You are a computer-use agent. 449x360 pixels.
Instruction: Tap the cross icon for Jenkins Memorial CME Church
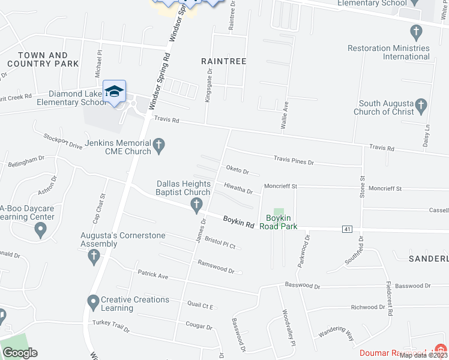point(159,146)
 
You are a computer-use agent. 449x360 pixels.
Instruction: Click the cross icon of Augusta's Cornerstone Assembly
point(93,257)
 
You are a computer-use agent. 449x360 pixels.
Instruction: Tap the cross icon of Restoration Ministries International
point(415,31)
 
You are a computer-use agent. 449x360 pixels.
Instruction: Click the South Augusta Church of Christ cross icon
point(421,107)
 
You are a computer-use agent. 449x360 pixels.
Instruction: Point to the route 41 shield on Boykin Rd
point(347,229)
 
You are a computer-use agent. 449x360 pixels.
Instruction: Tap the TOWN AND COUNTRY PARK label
point(44,59)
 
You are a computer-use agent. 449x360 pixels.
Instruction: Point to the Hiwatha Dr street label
point(238,188)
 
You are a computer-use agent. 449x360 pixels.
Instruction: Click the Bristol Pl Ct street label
point(220,242)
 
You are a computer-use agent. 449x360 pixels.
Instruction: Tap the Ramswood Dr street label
point(216,266)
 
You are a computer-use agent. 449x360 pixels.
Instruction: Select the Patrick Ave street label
point(153,275)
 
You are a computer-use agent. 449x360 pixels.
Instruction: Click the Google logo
point(20,353)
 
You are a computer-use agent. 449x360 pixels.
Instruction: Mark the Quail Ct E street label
point(200,305)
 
